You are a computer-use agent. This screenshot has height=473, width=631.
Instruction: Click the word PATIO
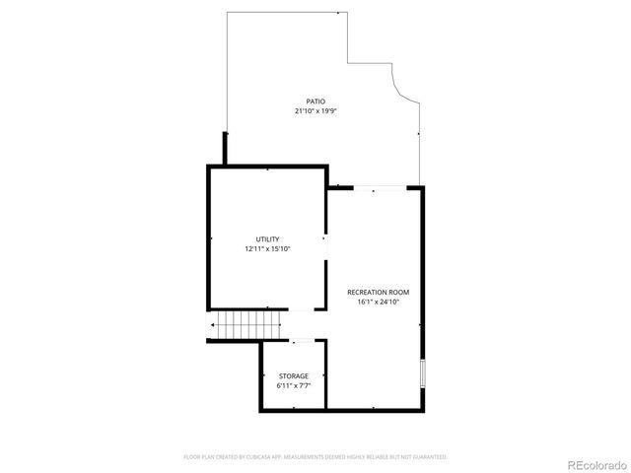[315, 101]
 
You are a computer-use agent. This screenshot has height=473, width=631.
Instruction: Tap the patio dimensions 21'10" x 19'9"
[315, 111]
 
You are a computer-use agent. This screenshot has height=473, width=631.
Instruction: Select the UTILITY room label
[267, 239]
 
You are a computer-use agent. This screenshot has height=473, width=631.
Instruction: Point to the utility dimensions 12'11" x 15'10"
[267, 249]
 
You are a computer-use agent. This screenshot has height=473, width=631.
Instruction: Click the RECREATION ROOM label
[378, 293]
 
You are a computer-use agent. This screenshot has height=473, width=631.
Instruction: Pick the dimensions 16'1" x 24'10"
[378, 303]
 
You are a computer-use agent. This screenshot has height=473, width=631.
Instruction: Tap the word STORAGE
[293, 376]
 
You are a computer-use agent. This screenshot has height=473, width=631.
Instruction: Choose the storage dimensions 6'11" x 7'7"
[293, 386]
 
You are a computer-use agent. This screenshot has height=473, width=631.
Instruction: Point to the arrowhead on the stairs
[211, 325]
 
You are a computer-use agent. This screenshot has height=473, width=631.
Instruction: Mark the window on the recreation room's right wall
[423, 373]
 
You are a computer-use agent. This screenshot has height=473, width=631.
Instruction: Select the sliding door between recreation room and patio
[381, 187]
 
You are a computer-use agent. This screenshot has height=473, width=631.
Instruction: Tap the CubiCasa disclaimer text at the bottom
[315, 457]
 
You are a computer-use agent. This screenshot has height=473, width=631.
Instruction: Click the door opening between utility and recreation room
[325, 237]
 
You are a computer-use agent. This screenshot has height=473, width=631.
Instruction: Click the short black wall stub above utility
[226, 148]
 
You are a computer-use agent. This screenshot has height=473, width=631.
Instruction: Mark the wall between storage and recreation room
[325, 374]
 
